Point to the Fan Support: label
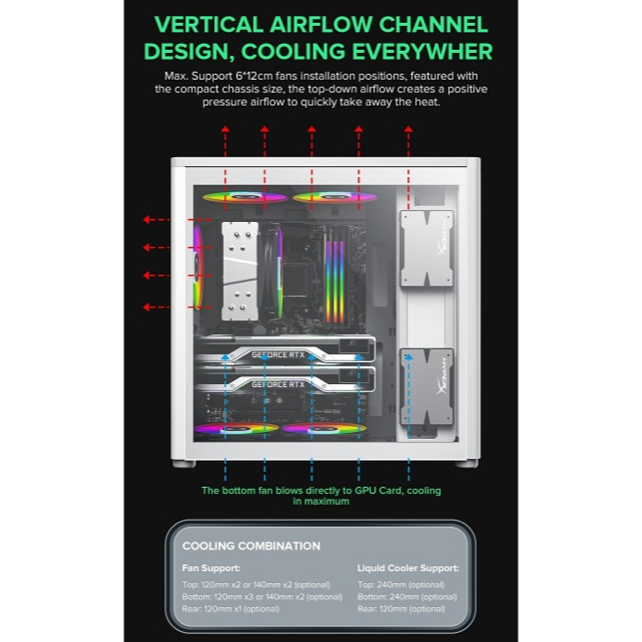(x=211, y=568)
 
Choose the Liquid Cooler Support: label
(x=408, y=568)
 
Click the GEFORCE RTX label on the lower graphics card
(x=278, y=384)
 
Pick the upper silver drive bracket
(x=426, y=248)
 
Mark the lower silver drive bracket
(x=426, y=386)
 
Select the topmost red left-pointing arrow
(x=155, y=220)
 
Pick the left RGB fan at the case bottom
(x=237, y=429)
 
